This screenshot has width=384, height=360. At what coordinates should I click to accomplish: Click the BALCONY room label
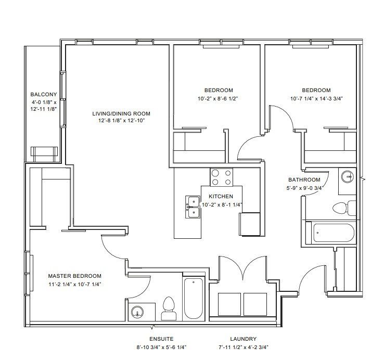44,94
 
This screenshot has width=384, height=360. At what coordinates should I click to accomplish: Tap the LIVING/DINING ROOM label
121,113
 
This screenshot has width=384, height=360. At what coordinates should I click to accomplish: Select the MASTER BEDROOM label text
75,276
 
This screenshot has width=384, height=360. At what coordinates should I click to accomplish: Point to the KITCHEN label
221,197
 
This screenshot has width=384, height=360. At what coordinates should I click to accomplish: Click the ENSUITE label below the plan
161,339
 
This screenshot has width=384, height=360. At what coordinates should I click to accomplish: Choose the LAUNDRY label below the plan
243,339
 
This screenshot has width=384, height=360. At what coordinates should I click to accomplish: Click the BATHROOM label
304,180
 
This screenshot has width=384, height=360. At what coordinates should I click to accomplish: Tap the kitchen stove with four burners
221,177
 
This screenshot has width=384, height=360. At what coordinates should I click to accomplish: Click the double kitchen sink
193,207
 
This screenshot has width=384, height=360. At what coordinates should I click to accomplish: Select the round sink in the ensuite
137,313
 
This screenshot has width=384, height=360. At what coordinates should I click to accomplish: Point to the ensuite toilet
169,308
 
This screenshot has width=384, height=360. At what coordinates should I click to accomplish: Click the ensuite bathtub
194,298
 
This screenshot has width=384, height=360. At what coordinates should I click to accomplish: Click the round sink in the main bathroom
348,176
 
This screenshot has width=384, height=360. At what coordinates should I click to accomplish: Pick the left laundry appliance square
229,304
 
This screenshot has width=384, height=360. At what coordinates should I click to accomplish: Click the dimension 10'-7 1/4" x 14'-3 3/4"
316,99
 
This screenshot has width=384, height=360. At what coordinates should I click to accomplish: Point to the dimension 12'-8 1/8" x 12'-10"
121,121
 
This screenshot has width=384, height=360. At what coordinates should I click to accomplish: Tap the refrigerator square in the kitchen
249,224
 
